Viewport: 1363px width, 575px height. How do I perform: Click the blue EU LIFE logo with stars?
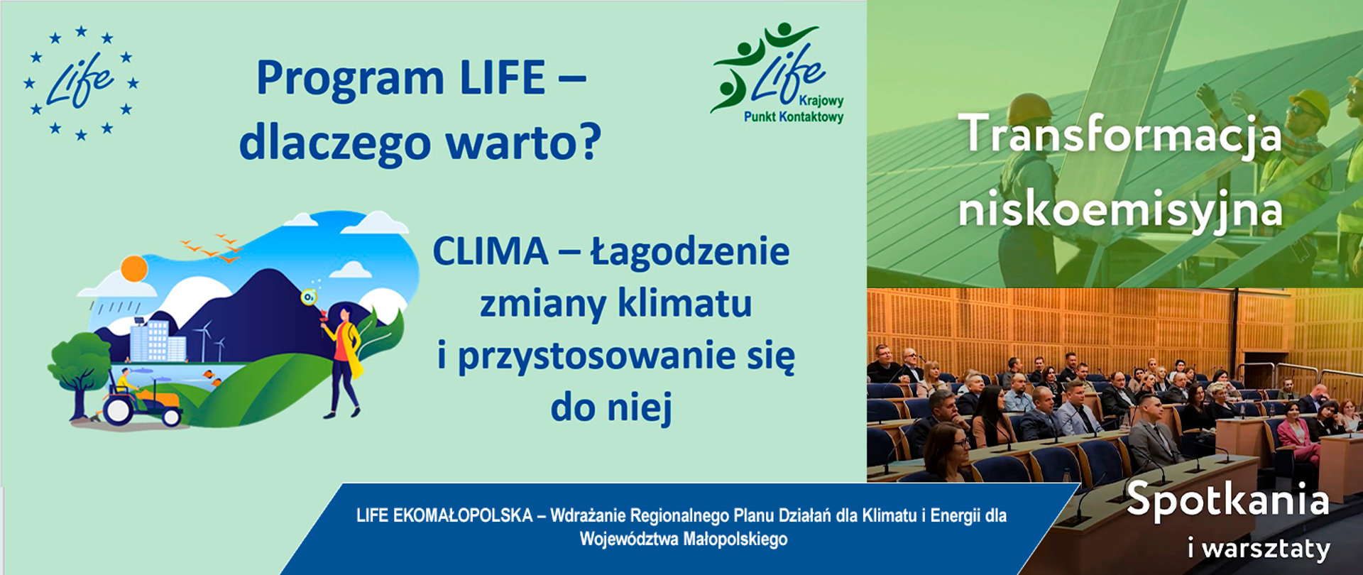[x=81, y=83]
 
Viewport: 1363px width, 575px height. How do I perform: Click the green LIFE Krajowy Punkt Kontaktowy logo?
[x=778, y=75]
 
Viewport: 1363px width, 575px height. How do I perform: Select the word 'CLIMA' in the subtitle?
[x=491, y=251]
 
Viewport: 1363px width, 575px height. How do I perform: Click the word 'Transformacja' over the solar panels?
[x=1120, y=135]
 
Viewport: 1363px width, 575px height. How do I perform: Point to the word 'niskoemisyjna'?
[x=1120, y=210]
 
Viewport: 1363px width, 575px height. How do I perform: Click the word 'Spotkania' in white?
[x=1227, y=500]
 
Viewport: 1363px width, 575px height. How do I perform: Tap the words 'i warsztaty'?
[x=1259, y=549]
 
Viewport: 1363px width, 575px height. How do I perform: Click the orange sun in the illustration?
[x=133, y=269]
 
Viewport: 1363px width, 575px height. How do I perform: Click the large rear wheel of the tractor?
[x=118, y=410]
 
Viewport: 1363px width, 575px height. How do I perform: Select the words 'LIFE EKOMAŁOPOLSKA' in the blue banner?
[x=444, y=516]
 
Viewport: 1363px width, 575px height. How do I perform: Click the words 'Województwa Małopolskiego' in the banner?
[x=683, y=540]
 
